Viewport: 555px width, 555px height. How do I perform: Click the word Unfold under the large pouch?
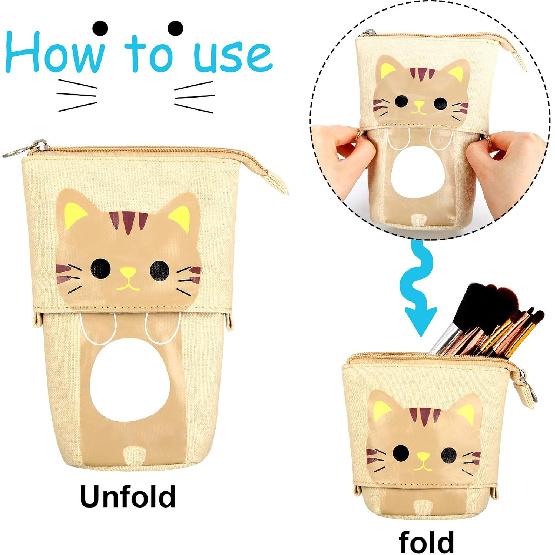[128, 496]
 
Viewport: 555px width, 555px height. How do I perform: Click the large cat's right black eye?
[157, 267]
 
